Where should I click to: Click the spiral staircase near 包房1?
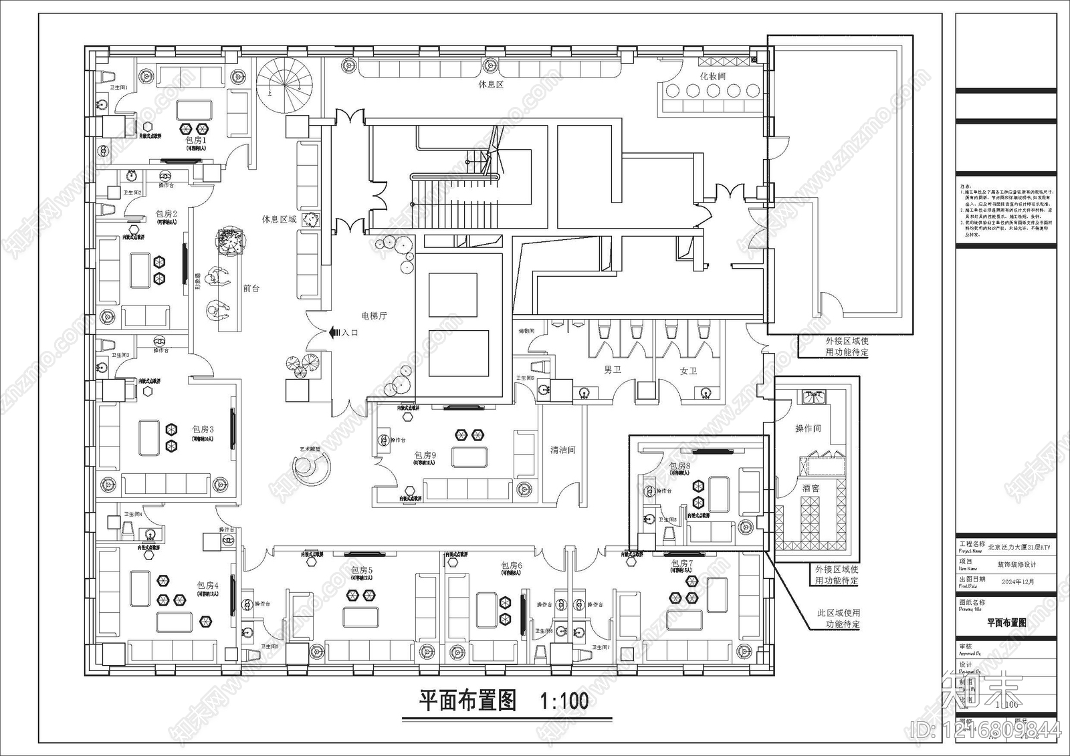click(286, 82)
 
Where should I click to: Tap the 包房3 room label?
click(203, 430)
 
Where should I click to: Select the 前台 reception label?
click(251, 289)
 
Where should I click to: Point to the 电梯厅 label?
click(374, 316)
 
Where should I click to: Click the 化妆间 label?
click(713, 76)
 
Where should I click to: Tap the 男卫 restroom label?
click(613, 370)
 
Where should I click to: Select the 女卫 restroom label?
click(688, 370)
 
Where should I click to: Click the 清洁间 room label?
click(562, 451)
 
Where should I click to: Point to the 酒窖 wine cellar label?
click(811, 489)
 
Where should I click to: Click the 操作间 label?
click(808, 428)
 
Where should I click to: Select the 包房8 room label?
click(679, 466)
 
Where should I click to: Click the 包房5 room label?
click(362, 570)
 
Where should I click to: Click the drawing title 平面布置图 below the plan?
click(467, 701)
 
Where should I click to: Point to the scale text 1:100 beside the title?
click(564, 701)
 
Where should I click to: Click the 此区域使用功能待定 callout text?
click(839, 618)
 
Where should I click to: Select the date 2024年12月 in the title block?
click(1017, 582)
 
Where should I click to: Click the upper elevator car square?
click(454, 295)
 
